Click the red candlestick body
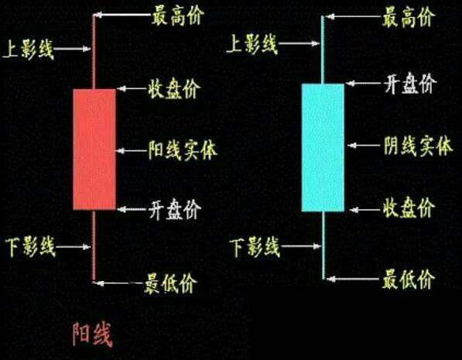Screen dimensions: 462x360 point(94,149)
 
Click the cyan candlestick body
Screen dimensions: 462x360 point(323,147)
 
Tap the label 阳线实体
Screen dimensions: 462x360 point(183,150)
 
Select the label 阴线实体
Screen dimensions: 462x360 point(418,146)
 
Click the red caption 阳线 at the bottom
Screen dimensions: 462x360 point(93,334)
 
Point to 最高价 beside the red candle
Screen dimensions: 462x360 point(178,16)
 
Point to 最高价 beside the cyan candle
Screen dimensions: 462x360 point(408,18)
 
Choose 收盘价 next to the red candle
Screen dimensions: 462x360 point(174,88)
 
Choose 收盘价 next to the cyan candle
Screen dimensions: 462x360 point(409,207)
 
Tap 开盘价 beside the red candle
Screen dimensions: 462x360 point(175,210)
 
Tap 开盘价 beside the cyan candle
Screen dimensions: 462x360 point(410,84)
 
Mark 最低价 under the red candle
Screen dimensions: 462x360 point(170,283)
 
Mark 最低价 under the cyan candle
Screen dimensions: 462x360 point(409,279)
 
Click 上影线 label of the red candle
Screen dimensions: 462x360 point(29,50)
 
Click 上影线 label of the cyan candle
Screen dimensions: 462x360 point(252,44)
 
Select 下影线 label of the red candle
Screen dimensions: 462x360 point(30,246)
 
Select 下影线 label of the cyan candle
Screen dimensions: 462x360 point(255,246)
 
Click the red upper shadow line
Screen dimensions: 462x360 point(94,52)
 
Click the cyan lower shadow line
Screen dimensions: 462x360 point(323,245)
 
